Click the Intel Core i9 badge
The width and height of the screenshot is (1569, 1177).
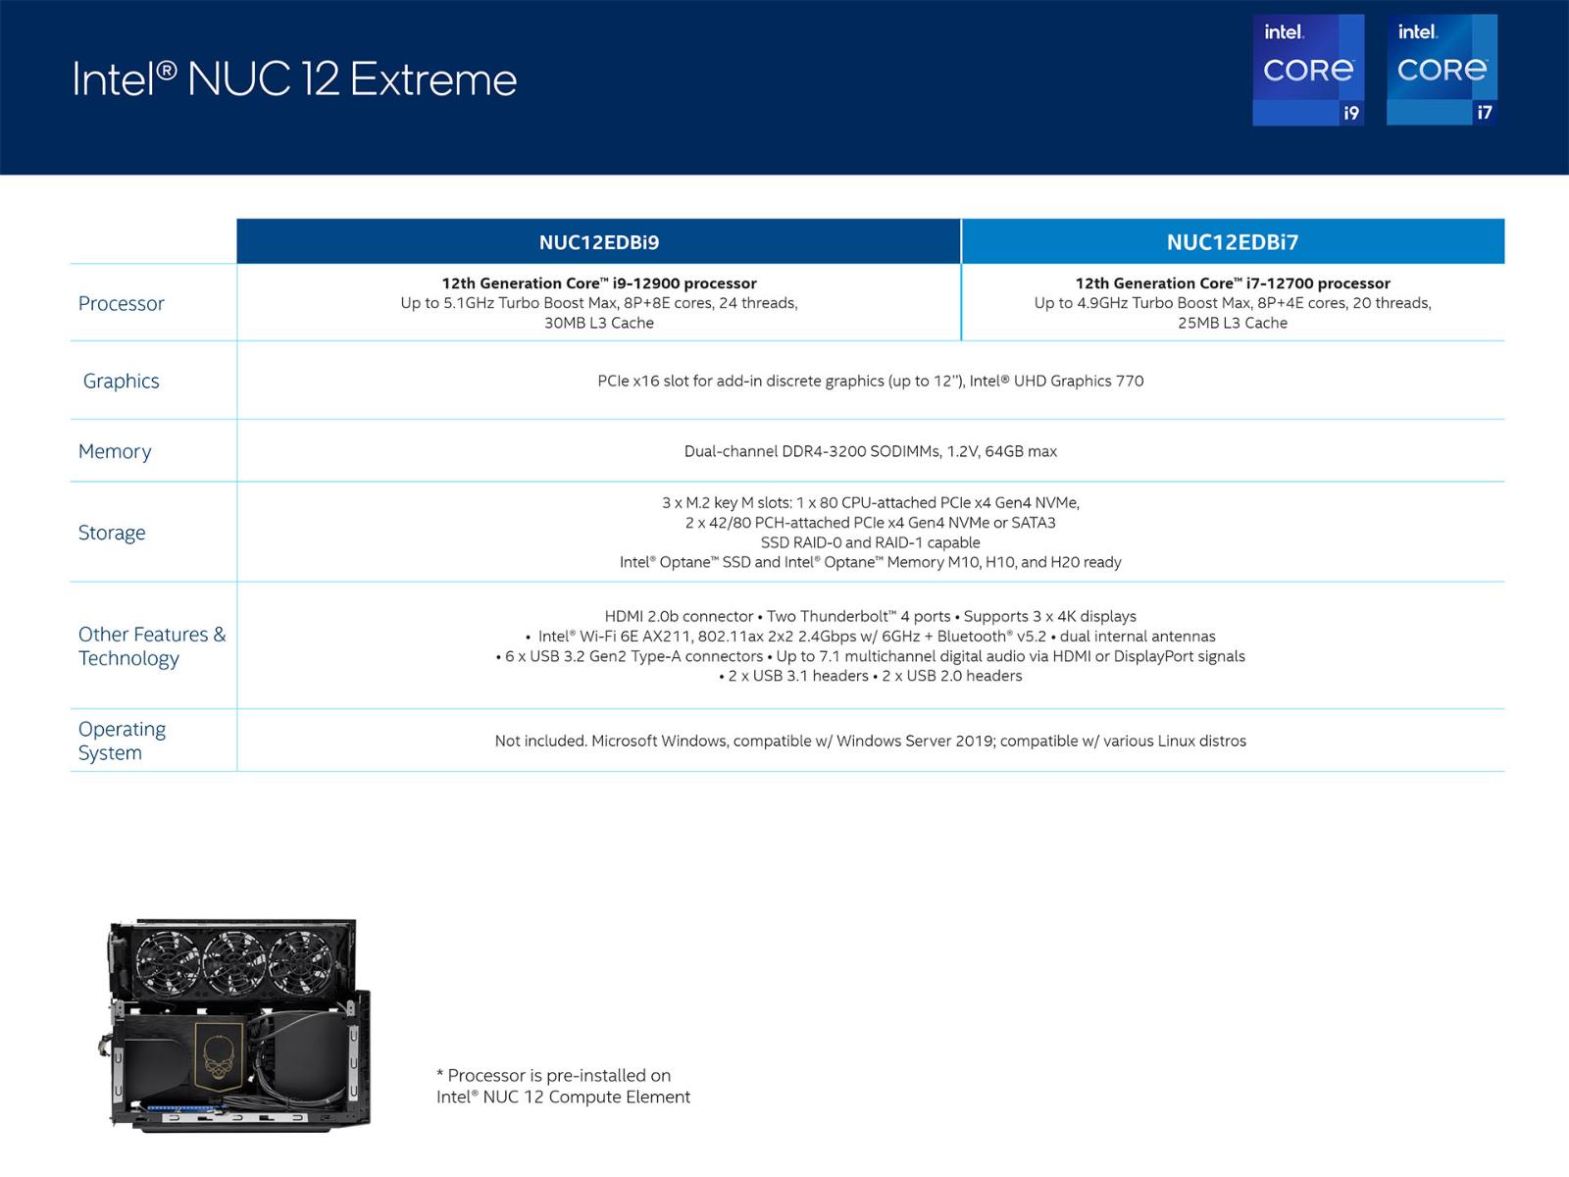click(1307, 70)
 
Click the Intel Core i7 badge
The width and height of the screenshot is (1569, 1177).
click(1442, 70)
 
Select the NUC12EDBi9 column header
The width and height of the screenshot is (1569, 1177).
click(598, 241)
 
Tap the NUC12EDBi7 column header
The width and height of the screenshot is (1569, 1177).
click(1233, 241)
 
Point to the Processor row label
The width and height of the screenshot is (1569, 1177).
click(121, 304)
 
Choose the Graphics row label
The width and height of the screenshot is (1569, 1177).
click(121, 381)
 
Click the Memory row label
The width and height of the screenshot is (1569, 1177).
click(115, 451)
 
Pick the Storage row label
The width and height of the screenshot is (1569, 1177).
click(112, 533)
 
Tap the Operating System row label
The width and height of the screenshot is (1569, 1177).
click(122, 741)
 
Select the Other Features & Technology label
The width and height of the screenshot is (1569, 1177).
click(152, 646)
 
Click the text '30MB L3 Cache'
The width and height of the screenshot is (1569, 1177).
click(599, 323)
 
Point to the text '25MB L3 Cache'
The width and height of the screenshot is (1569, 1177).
click(1233, 323)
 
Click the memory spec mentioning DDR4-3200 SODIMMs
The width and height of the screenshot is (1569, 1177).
click(871, 451)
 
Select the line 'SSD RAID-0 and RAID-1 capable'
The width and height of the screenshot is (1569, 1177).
click(871, 542)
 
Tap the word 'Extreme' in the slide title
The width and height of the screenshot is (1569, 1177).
click(433, 79)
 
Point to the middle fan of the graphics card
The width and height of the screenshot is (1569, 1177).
click(233, 962)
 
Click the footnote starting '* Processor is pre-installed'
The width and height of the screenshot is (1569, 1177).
click(563, 1086)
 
